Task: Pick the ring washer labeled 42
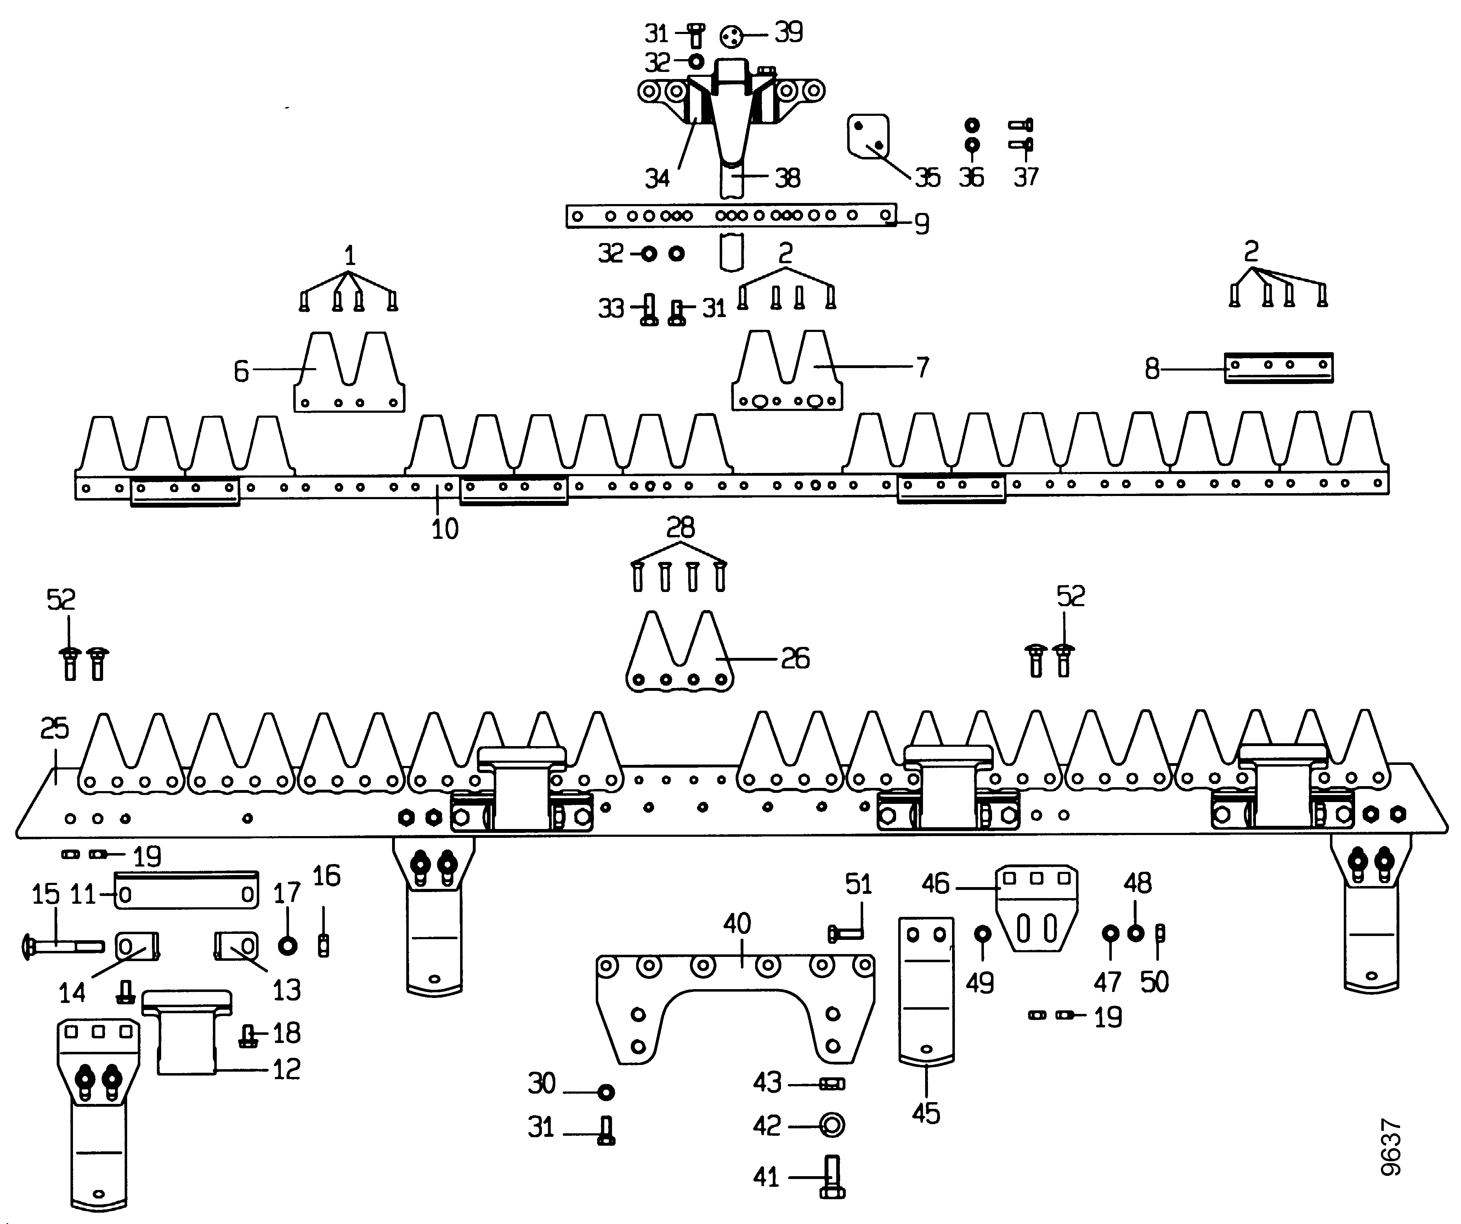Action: pos(832,1124)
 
